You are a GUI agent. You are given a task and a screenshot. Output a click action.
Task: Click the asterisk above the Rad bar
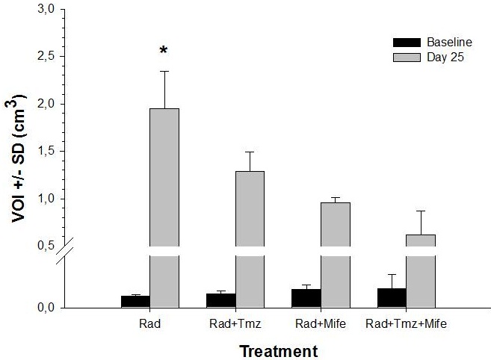click(164, 50)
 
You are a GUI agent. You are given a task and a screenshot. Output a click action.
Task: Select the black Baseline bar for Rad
click(135, 302)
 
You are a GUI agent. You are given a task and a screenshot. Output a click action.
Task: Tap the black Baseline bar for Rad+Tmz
click(221, 301)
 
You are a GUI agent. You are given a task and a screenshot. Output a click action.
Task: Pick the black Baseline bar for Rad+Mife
click(306, 299)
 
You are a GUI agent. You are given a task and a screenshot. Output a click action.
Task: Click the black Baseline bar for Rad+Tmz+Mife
click(392, 298)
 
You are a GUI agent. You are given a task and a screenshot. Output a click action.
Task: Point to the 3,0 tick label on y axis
click(46, 9)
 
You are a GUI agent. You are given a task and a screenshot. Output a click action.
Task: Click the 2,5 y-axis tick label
click(46, 56)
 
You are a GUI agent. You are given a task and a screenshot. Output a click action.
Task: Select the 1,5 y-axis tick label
click(46, 151)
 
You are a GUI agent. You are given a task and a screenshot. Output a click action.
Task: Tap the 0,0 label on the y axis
click(46, 308)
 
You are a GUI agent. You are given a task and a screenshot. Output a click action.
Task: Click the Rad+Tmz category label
click(235, 323)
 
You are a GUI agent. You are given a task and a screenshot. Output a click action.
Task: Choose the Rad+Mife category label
click(321, 323)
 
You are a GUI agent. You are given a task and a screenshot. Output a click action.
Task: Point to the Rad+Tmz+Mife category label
click(406, 323)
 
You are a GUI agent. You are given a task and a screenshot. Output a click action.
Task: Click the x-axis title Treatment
click(279, 351)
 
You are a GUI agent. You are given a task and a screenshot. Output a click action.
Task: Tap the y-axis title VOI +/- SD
click(18, 159)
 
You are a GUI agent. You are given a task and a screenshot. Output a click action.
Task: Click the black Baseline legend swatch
click(407, 43)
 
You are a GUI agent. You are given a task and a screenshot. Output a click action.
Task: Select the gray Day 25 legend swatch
click(407, 58)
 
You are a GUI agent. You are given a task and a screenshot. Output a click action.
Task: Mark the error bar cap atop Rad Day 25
click(164, 72)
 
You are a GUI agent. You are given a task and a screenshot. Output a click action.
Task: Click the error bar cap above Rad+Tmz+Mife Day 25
click(421, 211)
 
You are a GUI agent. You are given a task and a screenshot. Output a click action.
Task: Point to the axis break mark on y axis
click(65, 250)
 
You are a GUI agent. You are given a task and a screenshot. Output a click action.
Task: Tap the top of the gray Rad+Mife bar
click(336, 203)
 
